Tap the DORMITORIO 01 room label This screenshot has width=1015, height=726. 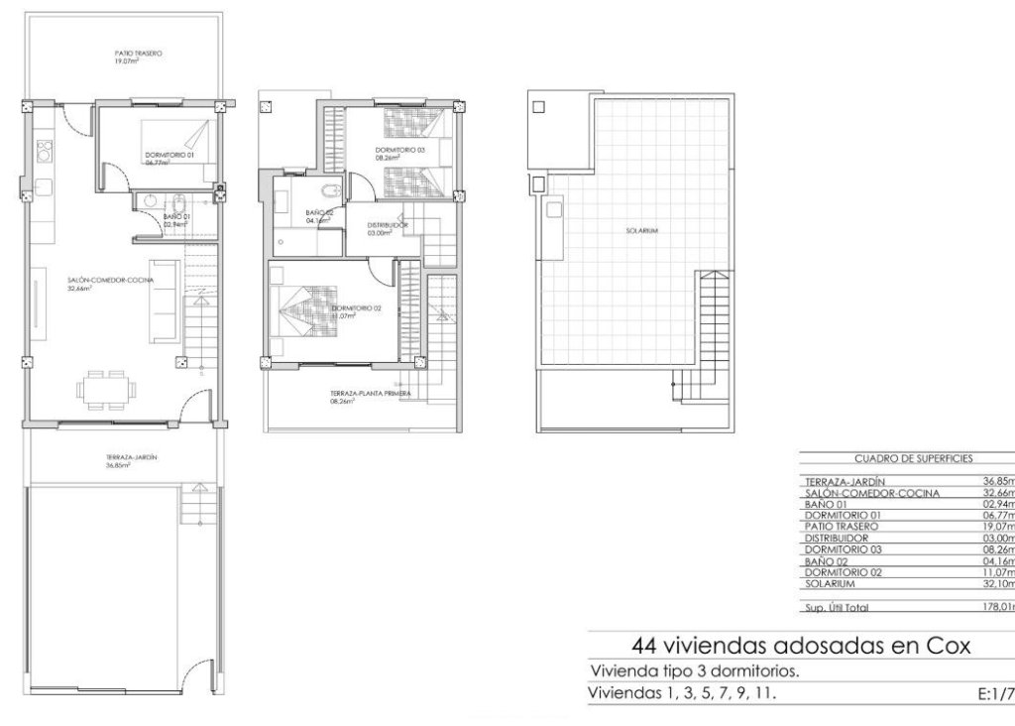pos(169,155)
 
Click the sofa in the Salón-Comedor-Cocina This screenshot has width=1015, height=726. pos(165,297)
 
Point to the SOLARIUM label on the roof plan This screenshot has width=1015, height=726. pos(642,231)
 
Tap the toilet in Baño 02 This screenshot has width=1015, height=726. pos(332,190)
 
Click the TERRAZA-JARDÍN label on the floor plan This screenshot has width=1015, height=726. pos(132,457)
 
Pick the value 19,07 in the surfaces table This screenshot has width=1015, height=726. pos(996,527)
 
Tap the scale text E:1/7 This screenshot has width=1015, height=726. pos(993,693)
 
